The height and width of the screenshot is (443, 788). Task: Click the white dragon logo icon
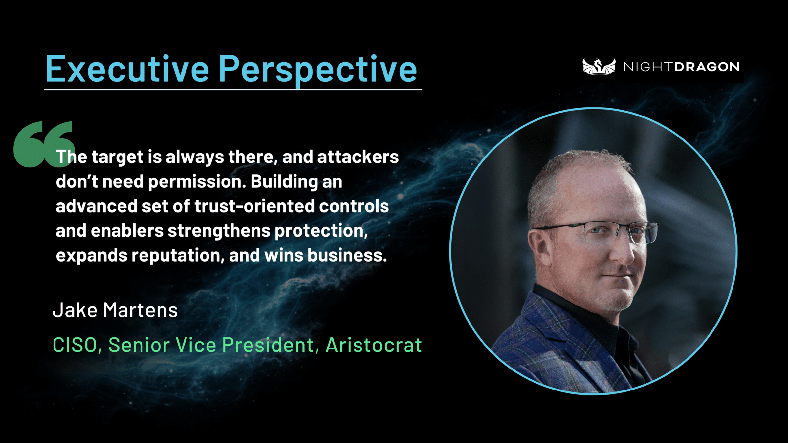pos(599,66)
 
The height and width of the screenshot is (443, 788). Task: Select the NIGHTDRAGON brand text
pos(682,67)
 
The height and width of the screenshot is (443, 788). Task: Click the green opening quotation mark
pos(44,144)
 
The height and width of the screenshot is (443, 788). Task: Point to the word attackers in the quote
pos(358,157)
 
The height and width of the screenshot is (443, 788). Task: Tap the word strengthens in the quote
pos(219,231)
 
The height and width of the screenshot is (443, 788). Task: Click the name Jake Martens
pos(115,310)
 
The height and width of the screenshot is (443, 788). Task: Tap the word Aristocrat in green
pos(374,345)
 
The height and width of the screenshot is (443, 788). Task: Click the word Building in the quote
pos(284,182)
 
